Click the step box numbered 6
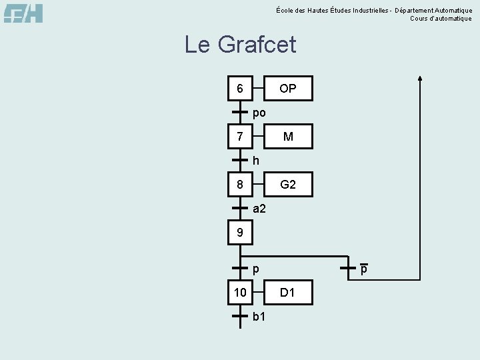pyautogui.click(x=240, y=89)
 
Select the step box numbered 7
pyautogui.click(x=240, y=137)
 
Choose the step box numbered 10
pyautogui.click(x=240, y=293)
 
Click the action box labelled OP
pyautogui.click(x=288, y=89)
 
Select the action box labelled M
pyautogui.click(x=288, y=137)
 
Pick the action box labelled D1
pyautogui.click(x=288, y=293)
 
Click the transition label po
pyautogui.click(x=259, y=113)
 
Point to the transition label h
pyautogui.click(x=256, y=161)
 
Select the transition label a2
pyautogui.click(x=259, y=209)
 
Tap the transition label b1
pyautogui.click(x=259, y=317)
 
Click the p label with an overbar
pyautogui.click(x=364, y=270)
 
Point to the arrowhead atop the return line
pyautogui.click(x=420, y=77)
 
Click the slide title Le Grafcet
pyautogui.click(x=240, y=45)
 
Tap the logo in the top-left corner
pyautogui.click(x=23, y=13)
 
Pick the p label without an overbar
pyautogui.click(x=256, y=270)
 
